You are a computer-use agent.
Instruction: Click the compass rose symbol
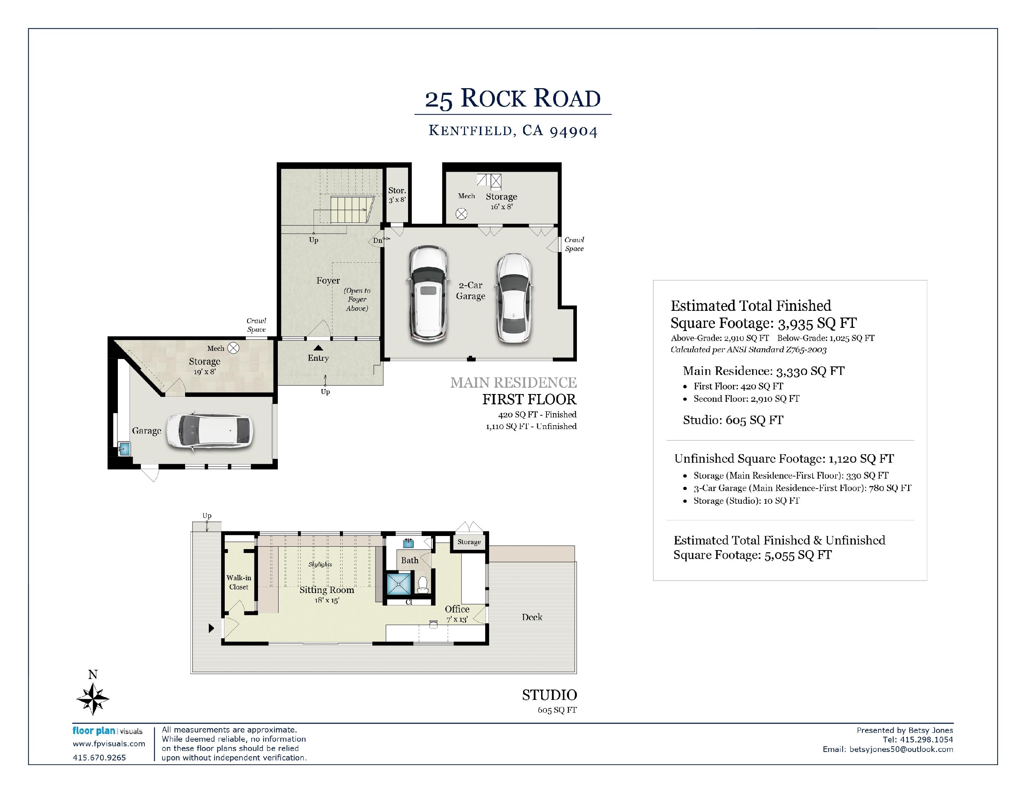pos(93,698)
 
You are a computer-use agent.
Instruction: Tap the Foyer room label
pos(328,280)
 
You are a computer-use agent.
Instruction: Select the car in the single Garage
pos(210,432)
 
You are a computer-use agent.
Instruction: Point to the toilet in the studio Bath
pos(423,585)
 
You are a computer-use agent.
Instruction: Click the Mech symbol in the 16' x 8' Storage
pos(462,214)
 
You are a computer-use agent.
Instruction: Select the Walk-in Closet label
pos(239,582)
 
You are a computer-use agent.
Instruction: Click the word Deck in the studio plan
pos(532,617)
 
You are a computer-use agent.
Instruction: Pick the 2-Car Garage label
pos(470,291)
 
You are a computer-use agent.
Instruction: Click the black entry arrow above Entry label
pos(318,348)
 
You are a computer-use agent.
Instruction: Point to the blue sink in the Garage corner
pos(124,448)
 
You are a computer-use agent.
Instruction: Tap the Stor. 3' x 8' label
pos(397,194)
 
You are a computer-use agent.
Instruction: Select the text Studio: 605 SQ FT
pos(733,420)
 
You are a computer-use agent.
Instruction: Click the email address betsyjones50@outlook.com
pos(901,749)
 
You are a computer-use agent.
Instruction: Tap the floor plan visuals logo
pos(107,731)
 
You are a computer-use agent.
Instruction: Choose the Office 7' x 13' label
pos(457,614)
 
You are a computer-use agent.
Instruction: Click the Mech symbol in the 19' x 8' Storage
pos(234,348)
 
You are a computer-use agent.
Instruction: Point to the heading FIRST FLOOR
pos(529,399)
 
